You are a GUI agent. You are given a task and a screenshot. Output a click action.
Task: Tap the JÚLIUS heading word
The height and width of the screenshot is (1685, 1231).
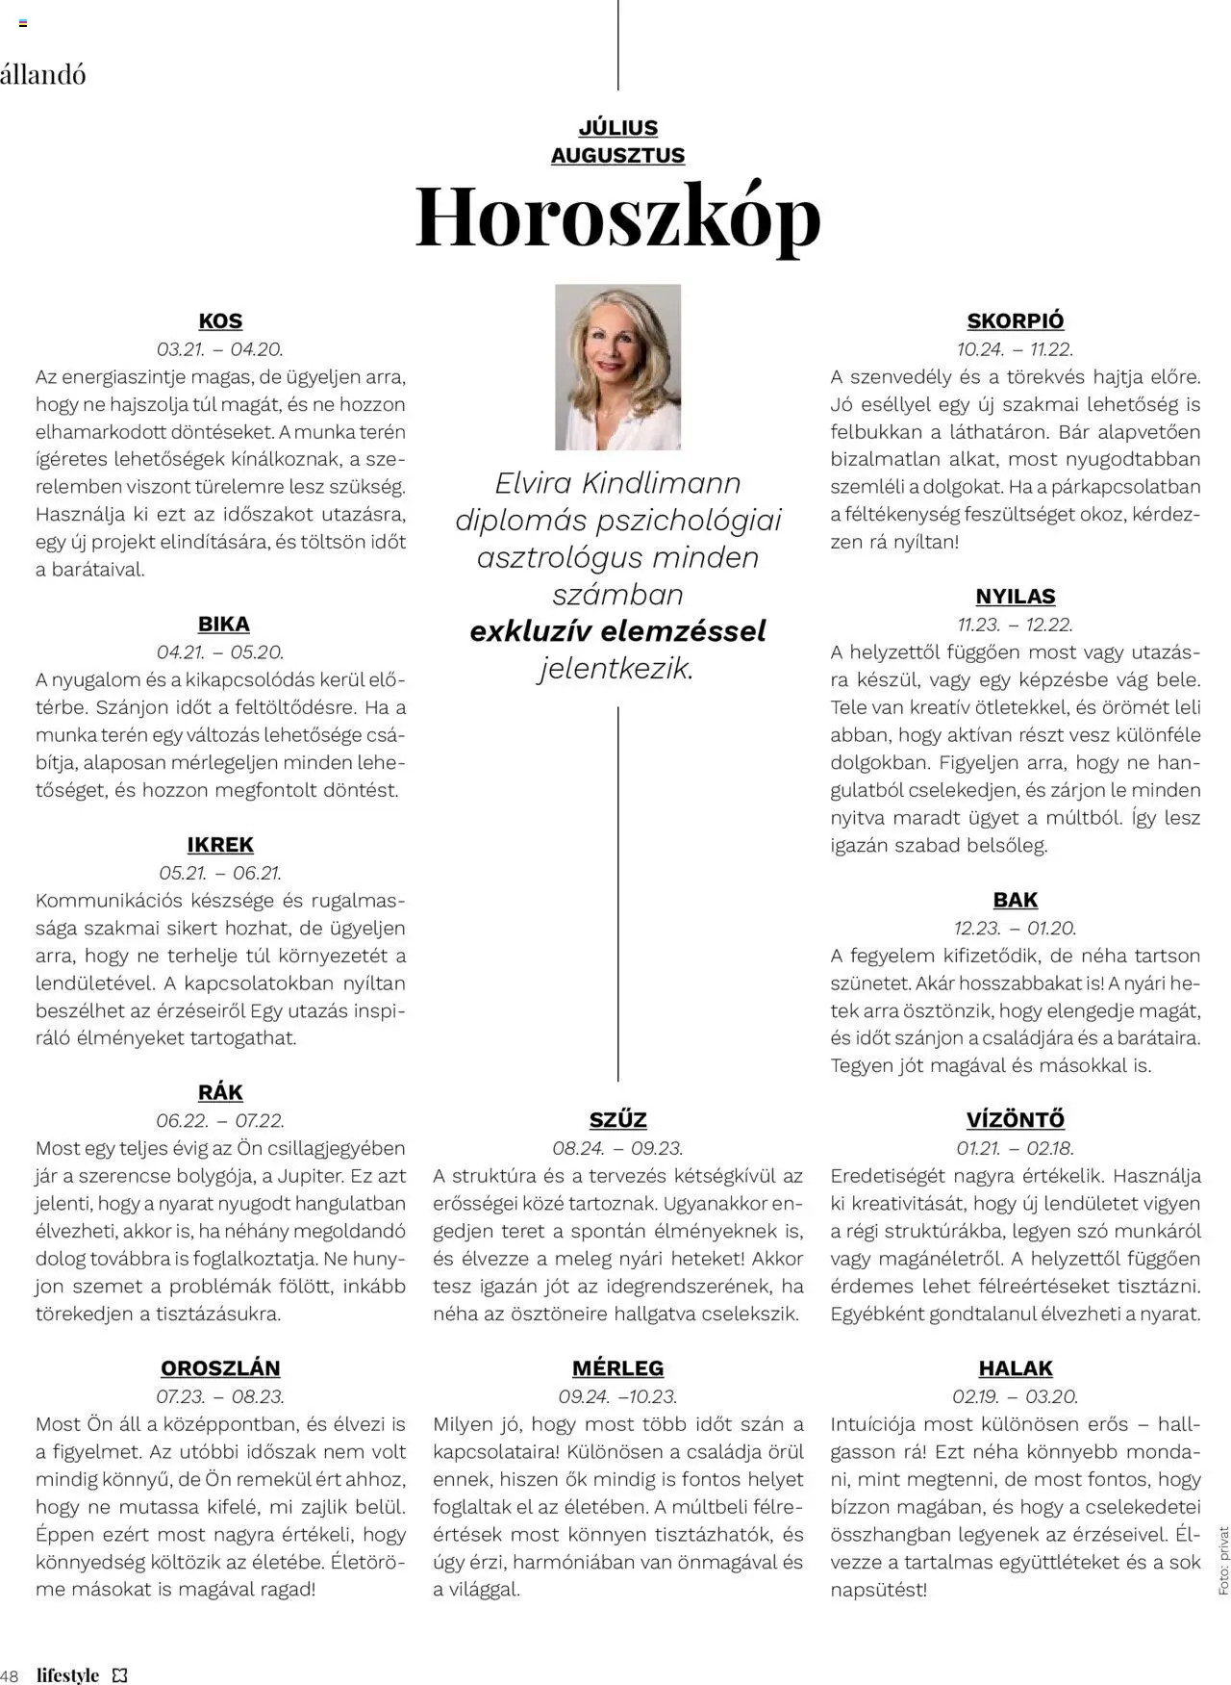tap(617, 128)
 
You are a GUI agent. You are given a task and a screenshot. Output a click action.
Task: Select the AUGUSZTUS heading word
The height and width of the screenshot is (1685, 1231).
tap(617, 155)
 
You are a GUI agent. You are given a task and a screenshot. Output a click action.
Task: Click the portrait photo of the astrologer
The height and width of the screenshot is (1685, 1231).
tap(617, 367)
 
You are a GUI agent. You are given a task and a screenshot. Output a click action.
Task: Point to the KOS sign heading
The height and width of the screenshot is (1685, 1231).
tap(220, 321)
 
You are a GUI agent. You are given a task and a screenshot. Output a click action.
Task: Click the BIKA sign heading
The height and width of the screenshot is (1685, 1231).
tap(223, 625)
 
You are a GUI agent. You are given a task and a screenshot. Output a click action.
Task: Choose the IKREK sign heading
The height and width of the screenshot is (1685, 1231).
tap(220, 845)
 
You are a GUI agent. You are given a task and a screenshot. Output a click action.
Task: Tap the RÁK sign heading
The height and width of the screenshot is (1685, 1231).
tap(220, 1092)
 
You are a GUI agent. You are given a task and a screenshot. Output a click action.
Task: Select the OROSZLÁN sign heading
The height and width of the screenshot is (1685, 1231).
tap(220, 1368)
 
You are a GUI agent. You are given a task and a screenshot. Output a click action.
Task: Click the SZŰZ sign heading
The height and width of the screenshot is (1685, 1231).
tap(617, 1120)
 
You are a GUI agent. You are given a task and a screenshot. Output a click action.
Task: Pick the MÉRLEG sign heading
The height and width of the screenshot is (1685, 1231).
tap(617, 1368)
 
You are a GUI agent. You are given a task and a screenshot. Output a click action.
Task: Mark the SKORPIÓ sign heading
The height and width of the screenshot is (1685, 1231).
tap(1016, 321)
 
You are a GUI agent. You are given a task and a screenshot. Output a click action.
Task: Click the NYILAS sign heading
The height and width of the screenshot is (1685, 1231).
tap(1016, 597)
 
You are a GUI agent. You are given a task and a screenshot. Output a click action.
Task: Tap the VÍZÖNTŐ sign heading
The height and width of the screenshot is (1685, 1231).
tap(1016, 1120)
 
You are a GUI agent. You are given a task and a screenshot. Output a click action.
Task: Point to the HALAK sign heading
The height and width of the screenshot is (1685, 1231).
tap(1016, 1368)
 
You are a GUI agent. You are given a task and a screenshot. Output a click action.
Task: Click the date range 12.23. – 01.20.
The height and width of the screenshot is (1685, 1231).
tap(1016, 929)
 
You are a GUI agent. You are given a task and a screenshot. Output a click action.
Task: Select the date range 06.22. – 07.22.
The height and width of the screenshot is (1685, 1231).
tap(220, 1121)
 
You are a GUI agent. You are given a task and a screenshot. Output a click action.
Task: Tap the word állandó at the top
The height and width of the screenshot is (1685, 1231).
tap(42, 74)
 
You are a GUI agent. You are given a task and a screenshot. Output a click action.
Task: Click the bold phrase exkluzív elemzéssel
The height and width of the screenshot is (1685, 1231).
tap(617, 632)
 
